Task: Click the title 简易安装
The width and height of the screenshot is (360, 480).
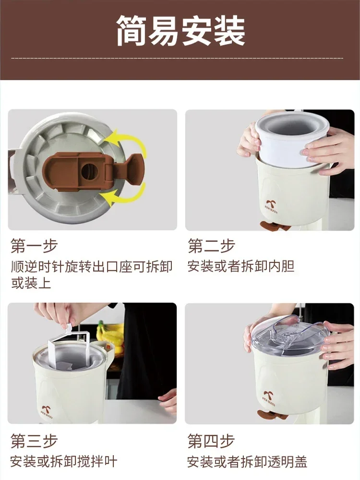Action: pyautogui.click(x=180, y=31)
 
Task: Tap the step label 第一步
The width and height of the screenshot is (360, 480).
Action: pyautogui.click(x=34, y=246)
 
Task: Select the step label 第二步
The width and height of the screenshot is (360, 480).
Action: pyautogui.click(x=212, y=246)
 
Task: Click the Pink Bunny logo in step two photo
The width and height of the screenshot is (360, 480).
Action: pyautogui.click(x=271, y=208)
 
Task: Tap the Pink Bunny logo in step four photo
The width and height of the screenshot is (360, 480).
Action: pyautogui.click(x=269, y=397)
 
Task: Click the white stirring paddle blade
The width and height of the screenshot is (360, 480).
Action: pyautogui.click(x=65, y=351)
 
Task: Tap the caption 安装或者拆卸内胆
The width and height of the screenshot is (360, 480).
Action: pyautogui.click(x=241, y=266)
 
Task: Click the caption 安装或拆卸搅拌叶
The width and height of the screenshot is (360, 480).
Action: pyautogui.click(x=64, y=462)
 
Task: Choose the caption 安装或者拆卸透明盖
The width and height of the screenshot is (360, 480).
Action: pyautogui.click(x=248, y=462)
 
